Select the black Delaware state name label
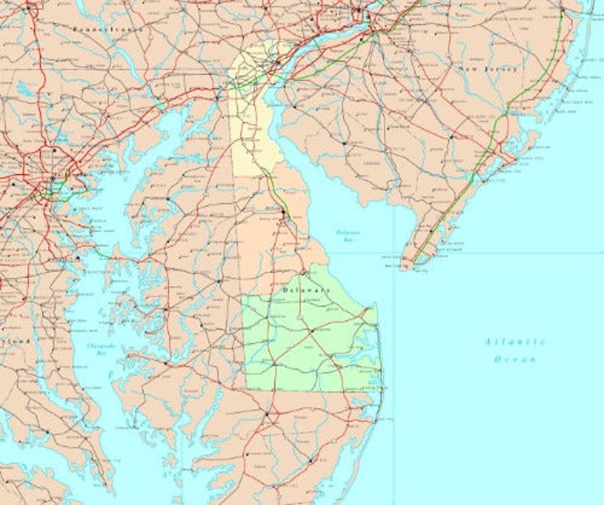[x=307, y=291]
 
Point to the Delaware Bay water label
[x=348, y=235]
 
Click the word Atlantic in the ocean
[x=515, y=341]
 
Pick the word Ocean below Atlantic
[x=515, y=359]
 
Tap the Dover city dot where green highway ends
[x=284, y=216]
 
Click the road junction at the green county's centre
[x=310, y=332]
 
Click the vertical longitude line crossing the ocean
[x=394, y=380]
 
